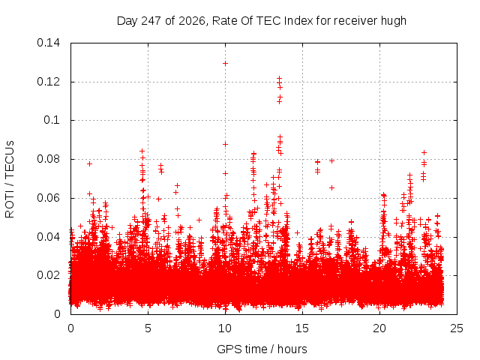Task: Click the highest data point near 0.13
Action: click(x=225, y=64)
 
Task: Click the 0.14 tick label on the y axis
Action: click(x=48, y=43)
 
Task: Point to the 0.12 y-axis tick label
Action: click(x=48, y=82)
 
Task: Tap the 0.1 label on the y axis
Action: click(x=52, y=120)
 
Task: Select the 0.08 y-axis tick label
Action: click(x=48, y=159)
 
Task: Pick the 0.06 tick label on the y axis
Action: click(x=48, y=198)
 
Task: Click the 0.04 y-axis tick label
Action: click(x=48, y=237)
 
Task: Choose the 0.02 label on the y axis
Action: click(x=48, y=275)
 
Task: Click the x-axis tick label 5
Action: click(x=148, y=328)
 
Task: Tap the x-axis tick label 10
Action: click(x=225, y=328)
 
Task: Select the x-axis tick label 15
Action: click(x=302, y=328)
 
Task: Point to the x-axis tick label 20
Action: click(x=379, y=328)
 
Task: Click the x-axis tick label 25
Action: click(x=457, y=328)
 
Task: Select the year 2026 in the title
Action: click(x=192, y=21)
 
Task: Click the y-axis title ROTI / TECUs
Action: click(x=10, y=179)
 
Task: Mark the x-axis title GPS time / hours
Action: click(x=262, y=349)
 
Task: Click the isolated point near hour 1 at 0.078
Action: click(x=89, y=163)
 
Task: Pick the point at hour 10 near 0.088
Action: click(x=225, y=145)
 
